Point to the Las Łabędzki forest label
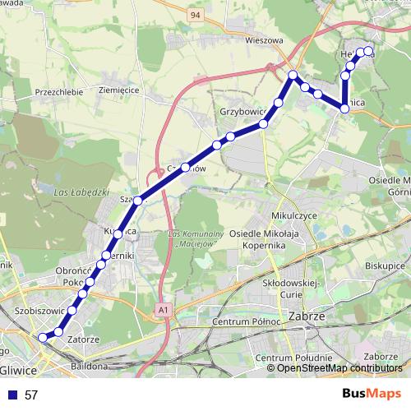pos(80,192)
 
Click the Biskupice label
pos(385,266)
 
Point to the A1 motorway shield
pos(164,309)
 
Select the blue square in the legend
pos(12,395)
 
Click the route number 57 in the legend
pos(31,395)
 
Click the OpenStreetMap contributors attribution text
pos(339,367)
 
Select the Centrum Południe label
pos(286,358)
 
